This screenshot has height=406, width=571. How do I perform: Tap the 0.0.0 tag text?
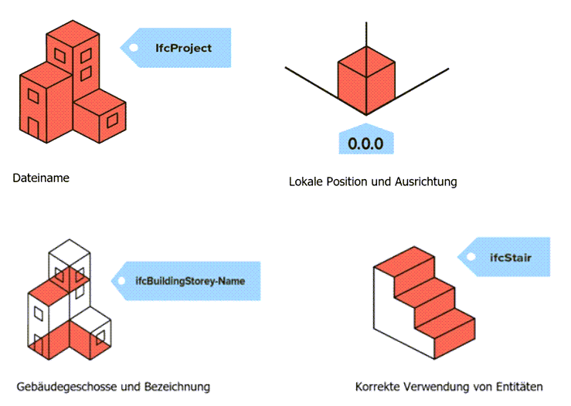coord(365,144)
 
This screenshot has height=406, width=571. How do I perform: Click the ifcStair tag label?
coord(510,256)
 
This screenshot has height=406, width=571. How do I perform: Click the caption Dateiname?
coord(41,178)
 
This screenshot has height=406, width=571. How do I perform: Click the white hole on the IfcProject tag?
coord(133,47)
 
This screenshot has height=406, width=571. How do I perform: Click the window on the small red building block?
coord(113,120)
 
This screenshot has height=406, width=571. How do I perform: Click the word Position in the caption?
coord(349,182)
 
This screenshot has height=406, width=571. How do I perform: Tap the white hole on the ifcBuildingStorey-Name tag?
coord(121,281)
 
